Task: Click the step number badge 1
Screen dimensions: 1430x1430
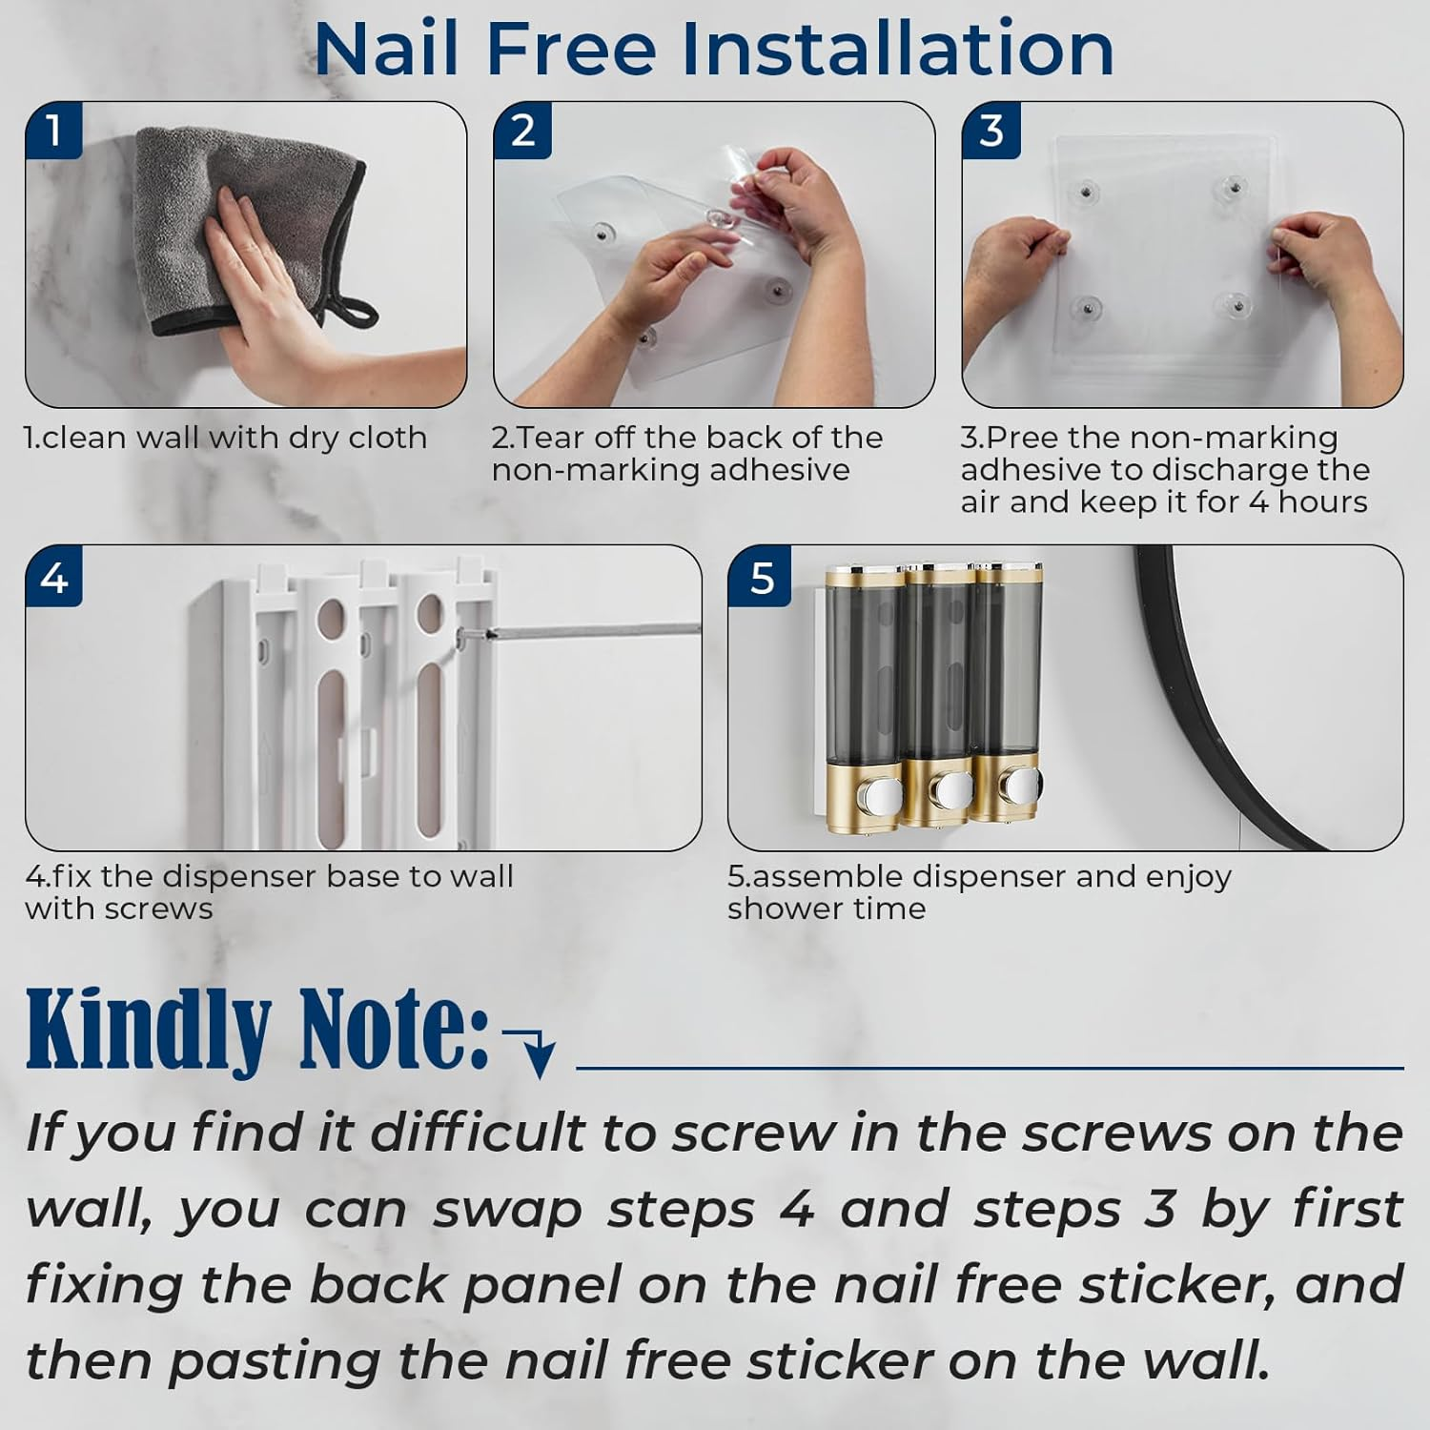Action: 53,131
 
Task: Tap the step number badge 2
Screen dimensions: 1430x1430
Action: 522,131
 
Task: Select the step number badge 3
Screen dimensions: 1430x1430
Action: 991,131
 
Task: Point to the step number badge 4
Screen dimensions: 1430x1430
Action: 54,578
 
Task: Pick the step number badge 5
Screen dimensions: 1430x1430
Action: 762,578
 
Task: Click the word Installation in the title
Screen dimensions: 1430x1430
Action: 896,50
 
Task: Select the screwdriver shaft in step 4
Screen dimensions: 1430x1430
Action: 591,630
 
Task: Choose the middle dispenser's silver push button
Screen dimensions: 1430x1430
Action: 950,789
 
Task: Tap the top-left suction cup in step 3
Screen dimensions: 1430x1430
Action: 1086,193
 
